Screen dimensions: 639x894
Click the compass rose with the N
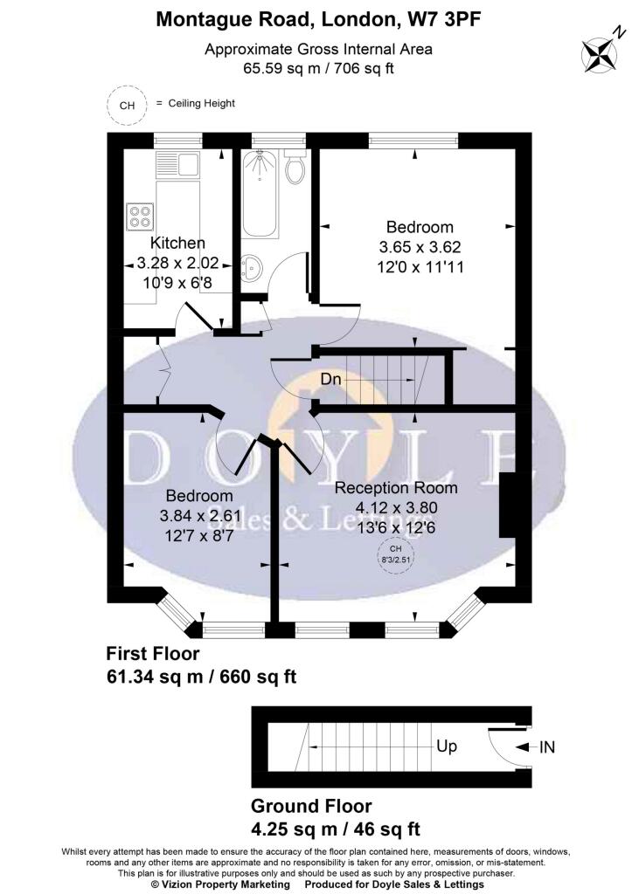[600, 55]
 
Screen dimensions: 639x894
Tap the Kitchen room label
[177, 243]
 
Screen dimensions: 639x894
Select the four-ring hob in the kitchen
[141, 217]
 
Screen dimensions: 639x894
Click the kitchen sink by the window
[177, 164]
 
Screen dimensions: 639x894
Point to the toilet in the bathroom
[295, 167]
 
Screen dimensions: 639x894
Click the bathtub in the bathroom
[260, 194]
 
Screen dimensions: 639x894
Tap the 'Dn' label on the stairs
[330, 379]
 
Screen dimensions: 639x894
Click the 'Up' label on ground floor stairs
[447, 746]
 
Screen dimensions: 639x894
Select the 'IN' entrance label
[547, 747]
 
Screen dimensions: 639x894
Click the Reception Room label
[396, 488]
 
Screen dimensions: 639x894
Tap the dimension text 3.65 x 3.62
[420, 247]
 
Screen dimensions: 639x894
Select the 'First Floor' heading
[153, 653]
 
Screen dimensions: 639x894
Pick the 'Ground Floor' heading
[311, 806]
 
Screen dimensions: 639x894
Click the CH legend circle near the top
[127, 105]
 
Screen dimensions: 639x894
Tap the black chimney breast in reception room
[508, 505]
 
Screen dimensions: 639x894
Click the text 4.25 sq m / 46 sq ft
[336, 829]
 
